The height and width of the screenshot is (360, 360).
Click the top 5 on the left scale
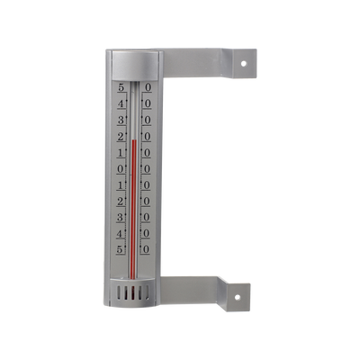point(121,88)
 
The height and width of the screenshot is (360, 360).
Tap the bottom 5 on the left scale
point(121,247)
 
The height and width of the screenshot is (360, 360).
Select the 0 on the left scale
point(121,168)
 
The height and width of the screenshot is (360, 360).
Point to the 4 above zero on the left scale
point(121,104)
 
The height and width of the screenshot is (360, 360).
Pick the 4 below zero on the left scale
point(121,232)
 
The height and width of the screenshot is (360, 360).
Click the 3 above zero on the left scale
point(121,121)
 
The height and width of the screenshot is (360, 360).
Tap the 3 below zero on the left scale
point(121,216)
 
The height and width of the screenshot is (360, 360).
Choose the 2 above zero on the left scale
point(121,137)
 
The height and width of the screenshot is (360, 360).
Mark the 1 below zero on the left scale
point(121,184)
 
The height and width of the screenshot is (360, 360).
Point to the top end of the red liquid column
point(133,139)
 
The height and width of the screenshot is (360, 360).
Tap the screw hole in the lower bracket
point(240,295)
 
